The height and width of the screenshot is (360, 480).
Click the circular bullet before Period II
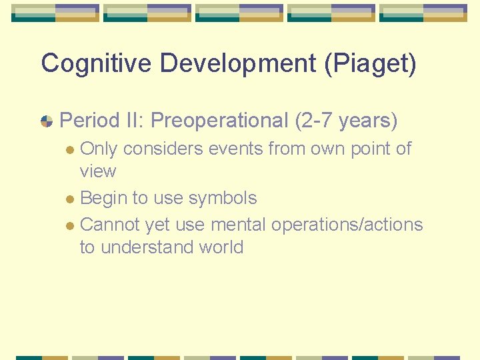pyautogui.click(x=47, y=121)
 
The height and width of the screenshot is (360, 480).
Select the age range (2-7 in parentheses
pyautogui.click(x=313, y=121)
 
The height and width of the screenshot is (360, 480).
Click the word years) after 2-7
pyautogui.click(x=368, y=121)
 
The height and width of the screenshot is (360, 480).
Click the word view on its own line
pyautogui.click(x=97, y=171)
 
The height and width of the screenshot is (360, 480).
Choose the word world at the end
pyautogui.click(x=221, y=247)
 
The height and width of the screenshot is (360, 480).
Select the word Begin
pyautogui.click(x=101, y=198)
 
